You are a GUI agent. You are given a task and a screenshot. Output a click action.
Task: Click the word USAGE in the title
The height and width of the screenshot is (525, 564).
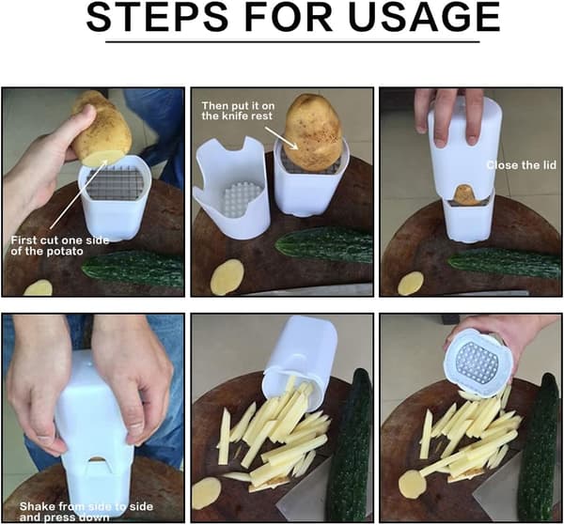424,17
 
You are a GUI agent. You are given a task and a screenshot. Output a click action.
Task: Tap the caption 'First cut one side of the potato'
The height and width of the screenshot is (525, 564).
60,245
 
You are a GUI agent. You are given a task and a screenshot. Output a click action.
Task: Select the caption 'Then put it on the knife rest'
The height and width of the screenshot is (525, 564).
238,111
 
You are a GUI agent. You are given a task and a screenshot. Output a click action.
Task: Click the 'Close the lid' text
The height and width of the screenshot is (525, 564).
521,165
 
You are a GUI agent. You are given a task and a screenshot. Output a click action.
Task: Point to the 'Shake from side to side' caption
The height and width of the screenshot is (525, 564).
86,506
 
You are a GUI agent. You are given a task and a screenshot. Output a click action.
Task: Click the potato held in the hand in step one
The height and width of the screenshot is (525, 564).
102,128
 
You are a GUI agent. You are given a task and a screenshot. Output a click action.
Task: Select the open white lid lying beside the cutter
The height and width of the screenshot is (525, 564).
231,188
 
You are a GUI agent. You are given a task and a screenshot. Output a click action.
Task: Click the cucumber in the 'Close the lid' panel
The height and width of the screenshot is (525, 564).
501,263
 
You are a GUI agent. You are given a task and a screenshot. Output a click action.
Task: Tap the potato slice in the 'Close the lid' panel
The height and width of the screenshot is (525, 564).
411,284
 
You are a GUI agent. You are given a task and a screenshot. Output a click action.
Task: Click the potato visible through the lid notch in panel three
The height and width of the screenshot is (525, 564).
466,195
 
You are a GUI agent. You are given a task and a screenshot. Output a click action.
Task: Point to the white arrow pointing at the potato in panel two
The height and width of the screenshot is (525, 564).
281,137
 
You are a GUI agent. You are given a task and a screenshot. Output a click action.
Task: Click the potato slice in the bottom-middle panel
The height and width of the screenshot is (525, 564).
207,493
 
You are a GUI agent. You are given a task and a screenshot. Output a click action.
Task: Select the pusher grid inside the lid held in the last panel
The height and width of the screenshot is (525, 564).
478,363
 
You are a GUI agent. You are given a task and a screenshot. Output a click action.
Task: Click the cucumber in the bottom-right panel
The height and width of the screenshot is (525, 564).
539,445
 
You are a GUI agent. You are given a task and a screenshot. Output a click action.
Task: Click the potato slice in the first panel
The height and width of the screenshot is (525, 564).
38,287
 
